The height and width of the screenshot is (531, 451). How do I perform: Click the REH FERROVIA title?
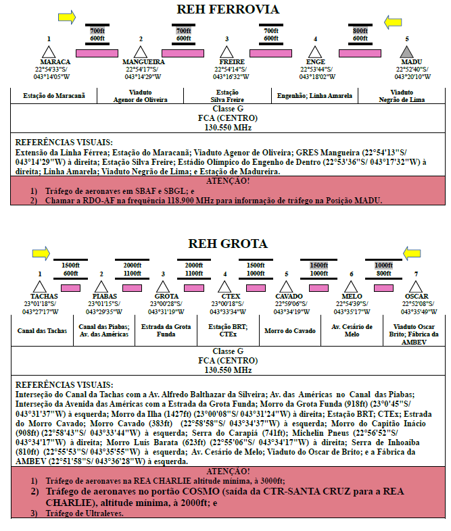(x=228, y=9)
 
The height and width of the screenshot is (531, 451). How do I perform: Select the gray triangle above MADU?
(x=406, y=52)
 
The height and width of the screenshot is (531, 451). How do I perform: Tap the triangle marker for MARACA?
(x=49, y=52)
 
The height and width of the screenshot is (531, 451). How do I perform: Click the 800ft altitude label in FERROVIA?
(x=360, y=31)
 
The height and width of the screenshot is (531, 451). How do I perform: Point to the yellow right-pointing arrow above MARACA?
(x=67, y=17)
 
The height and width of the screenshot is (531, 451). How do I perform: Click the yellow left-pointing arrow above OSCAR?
(x=412, y=253)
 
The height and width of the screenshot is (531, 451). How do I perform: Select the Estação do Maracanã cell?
(x=54, y=96)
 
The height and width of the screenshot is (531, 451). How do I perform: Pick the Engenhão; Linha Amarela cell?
(x=314, y=96)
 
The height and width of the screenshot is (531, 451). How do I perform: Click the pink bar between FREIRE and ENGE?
(x=270, y=53)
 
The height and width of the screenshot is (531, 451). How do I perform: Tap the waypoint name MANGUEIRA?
(x=143, y=62)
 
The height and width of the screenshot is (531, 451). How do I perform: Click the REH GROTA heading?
(x=228, y=243)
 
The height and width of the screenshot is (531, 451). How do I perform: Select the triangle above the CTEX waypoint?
(x=224, y=286)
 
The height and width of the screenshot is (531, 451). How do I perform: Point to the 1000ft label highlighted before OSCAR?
(x=383, y=265)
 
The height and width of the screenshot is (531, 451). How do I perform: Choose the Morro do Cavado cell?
(x=290, y=330)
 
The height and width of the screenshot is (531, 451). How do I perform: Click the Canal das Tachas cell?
(x=42, y=330)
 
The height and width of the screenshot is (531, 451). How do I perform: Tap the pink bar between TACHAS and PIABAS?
(x=70, y=288)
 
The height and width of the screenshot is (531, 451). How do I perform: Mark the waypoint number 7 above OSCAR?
(x=416, y=274)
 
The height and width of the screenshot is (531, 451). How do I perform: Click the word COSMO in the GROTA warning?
(x=201, y=491)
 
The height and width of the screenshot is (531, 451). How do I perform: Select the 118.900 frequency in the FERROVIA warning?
(x=180, y=201)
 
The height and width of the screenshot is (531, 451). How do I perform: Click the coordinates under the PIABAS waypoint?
(x=104, y=307)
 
